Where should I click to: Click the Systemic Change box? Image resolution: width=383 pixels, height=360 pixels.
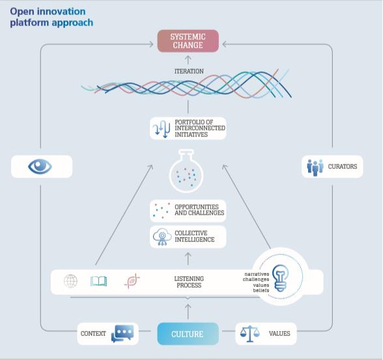[188, 41]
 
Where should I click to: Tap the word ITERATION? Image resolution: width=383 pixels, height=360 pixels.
[189, 71]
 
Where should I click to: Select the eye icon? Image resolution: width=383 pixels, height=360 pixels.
[40, 166]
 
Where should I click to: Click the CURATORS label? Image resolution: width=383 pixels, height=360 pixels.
[342, 166]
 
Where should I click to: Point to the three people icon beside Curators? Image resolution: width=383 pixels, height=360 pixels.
[315, 168]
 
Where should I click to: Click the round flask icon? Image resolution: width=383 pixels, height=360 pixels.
[186, 171]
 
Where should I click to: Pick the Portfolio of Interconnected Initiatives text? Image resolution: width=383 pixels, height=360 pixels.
[200, 128]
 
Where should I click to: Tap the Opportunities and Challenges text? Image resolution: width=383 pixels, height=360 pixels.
[199, 210]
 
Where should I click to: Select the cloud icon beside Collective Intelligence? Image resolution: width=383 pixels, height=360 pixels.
[162, 237]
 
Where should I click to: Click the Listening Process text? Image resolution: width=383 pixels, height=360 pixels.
[189, 282]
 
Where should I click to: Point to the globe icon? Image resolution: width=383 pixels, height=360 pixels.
[70, 281]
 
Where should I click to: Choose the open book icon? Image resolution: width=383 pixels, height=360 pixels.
[99, 281]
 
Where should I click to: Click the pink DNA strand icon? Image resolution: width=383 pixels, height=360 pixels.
[132, 281]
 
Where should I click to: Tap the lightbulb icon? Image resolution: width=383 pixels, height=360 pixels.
[280, 278]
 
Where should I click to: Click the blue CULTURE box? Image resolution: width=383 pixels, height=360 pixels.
[188, 334]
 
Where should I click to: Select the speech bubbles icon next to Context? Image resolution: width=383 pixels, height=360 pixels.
[122, 333]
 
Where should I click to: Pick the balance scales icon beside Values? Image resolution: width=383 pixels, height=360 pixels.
[249, 334]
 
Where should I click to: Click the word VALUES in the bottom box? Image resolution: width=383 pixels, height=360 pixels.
[279, 334]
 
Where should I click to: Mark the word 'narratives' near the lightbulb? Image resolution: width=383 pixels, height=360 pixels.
[257, 274]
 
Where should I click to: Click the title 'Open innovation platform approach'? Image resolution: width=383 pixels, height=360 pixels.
[51, 17]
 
